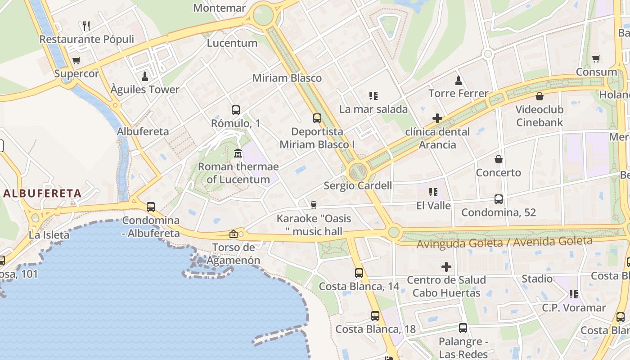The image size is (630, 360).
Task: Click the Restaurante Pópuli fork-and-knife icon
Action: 87,26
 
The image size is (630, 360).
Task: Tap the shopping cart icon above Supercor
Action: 76,60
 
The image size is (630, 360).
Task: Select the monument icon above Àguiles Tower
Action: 145,76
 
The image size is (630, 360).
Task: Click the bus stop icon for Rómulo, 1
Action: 235,110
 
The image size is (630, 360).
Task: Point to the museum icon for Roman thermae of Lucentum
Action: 238,153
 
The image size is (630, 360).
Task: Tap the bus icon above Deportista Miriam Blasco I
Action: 317,118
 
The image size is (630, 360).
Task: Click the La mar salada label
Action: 373,109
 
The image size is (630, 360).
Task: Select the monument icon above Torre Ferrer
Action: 459,81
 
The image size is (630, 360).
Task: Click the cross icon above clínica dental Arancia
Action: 437,118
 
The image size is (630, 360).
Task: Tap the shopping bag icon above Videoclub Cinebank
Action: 539,96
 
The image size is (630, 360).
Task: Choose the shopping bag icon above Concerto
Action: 499,159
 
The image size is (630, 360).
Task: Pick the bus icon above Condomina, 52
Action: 499,199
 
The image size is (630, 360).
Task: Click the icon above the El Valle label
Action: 433,192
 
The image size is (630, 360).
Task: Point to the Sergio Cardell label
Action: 358,185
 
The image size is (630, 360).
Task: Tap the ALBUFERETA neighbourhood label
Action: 43,193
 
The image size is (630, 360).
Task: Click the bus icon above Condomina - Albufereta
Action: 151,207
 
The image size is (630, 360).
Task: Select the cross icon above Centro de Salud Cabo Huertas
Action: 446,267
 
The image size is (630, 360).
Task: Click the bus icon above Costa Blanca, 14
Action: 359,273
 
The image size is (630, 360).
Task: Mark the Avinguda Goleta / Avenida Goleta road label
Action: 504,242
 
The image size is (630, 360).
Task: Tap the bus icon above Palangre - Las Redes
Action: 463,328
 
